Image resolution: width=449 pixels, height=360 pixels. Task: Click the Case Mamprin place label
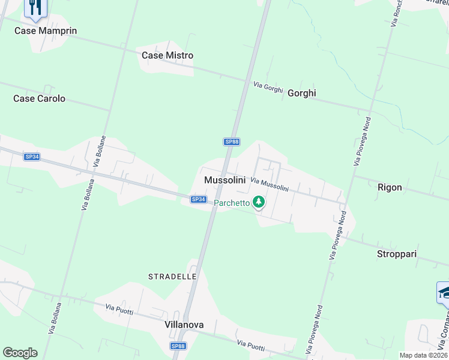click(46, 31)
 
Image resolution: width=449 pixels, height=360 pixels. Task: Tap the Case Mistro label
click(167, 55)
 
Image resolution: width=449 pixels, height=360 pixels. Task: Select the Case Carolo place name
click(39, 98)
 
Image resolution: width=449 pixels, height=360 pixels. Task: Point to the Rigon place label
click(390, 187)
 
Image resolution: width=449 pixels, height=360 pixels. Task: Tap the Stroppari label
click(397, 254)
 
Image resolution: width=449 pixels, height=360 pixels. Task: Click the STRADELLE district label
click(172, 276)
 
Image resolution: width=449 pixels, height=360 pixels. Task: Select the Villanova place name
click(184, 325)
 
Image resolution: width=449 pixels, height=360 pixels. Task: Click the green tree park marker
click(259, 202)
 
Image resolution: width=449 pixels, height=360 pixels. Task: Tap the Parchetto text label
click(232, 203)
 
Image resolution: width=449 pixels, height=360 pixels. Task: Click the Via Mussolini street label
click(270, 184)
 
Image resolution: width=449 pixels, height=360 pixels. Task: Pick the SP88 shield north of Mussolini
click(232, 142)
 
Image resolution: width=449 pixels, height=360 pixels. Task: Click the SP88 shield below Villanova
click(178, 346)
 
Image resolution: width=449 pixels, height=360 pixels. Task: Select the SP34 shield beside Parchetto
click(199, 199)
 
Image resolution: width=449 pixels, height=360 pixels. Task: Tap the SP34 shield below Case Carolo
click(32, 157)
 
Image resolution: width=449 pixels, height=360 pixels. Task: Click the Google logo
click(20, 353)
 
